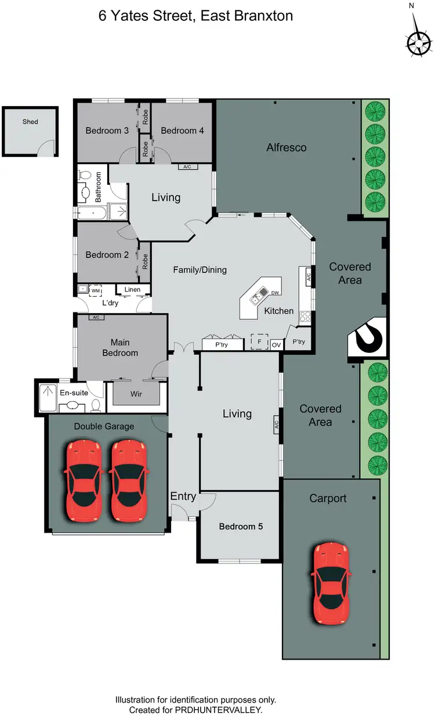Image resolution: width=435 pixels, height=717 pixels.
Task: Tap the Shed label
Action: [x=30, y=122]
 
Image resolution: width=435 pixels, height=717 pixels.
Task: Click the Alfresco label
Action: [x=286, y=148]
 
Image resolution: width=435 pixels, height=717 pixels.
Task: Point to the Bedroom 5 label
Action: [x=241, y=526]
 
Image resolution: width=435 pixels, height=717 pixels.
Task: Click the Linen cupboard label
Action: [x=133, y=289]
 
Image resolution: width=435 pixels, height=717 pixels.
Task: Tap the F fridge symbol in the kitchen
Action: [x=259, y=342]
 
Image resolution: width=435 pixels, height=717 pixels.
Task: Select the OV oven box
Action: [x=277, y=344]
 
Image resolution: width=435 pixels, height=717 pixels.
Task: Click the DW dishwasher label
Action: [x=274, y=293]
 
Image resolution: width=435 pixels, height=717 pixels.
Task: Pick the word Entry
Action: [x=183, y=497]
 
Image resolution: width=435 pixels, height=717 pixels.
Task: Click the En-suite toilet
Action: [x=97, y=405]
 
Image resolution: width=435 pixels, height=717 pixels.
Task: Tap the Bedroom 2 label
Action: [x=107, y=254]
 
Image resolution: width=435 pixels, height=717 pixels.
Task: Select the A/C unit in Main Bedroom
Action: [x=96, y=317]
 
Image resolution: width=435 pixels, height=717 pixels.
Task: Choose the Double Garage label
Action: [x=104, y=426]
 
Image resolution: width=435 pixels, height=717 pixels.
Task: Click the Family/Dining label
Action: [x=200, y=270]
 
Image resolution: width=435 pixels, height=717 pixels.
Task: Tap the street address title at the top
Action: [x=195, y=16]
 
